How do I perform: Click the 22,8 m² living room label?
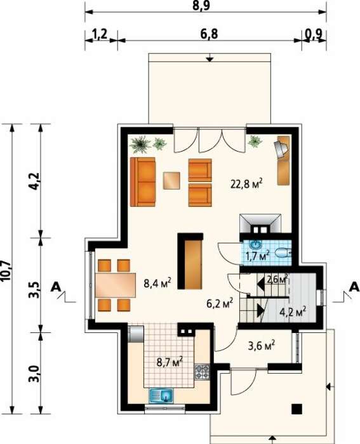(x=246, y=184)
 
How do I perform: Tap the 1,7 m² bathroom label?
(x=257, y=256)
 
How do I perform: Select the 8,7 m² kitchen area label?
(x=170, y=362)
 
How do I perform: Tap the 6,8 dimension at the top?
(x=209, y=34)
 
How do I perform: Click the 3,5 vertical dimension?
(x=35, y=289)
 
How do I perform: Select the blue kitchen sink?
(x=161, y=395)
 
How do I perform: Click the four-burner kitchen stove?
(x=202, y=372)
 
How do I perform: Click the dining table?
(x=116, y=285)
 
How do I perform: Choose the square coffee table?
(x=172, y=181)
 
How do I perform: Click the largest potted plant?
(x=140, y=145)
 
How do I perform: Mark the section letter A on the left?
(x=56, y=287)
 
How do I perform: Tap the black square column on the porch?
(x=297, y=409)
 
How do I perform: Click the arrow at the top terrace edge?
(x=210, y=59)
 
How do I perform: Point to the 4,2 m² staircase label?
(x=293, y=312)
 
